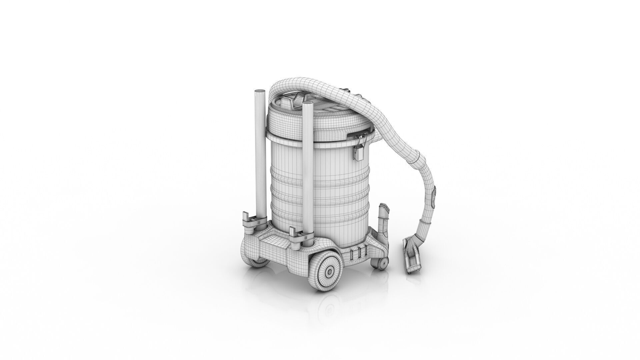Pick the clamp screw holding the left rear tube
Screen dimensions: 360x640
click(x=257, y=220)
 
